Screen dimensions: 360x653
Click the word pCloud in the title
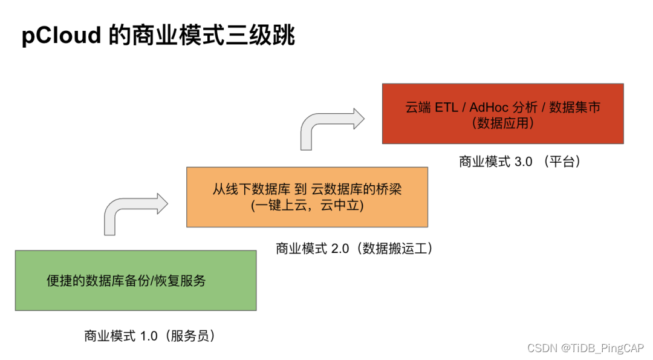click(x=61, y=36)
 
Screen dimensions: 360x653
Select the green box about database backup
click(x=135, y=280)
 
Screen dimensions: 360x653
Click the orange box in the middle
click(x=307, y=197)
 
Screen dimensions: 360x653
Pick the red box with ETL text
click(x=502, y=114)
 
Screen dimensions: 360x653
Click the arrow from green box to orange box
click(x=135, y=212)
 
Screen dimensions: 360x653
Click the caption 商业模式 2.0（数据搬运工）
click(x=355, y=249)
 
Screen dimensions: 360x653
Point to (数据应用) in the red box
click(x=503, y=123)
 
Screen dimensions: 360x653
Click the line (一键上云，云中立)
click(x=307, y=206)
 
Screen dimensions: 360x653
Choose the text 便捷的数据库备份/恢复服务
click(x=126, y=281)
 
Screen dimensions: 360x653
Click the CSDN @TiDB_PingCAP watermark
click(x=585, y=348)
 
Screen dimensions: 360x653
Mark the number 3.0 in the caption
click(x=524, y=162)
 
